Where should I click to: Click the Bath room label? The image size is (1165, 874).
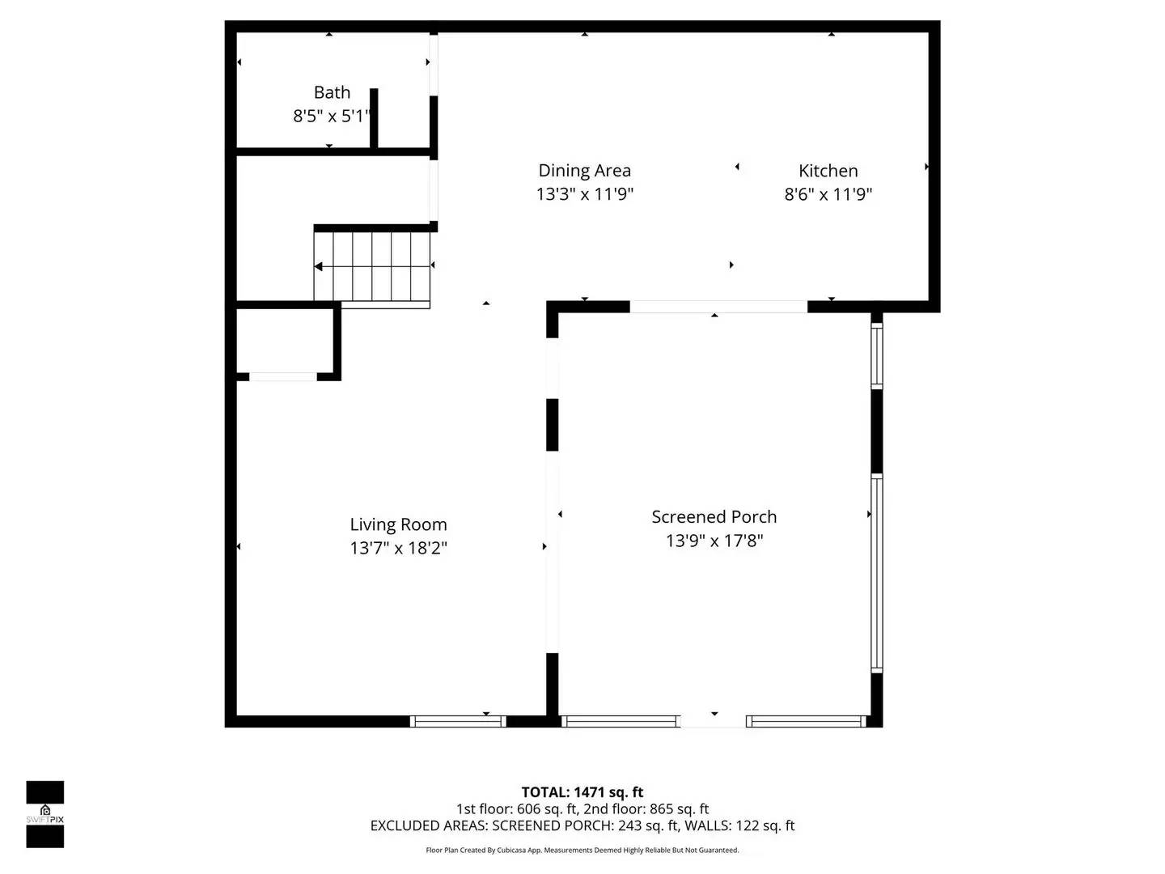pos(332,92)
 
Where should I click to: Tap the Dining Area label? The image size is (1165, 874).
pos(584,171)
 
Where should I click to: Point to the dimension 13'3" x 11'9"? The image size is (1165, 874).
pos(584,194)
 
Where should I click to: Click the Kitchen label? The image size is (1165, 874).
pos(828,171)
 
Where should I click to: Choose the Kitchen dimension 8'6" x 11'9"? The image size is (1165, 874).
pos(828,194)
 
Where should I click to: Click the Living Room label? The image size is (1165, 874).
pos(398,524)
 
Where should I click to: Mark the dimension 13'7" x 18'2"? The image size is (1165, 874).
pos(398,548)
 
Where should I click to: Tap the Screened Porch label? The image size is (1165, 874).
pos(714,517)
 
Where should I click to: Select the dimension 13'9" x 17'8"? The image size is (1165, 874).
pos(714,541)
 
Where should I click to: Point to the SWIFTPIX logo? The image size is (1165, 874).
pos(44,814)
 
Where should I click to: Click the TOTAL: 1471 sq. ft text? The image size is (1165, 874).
pos(582,792)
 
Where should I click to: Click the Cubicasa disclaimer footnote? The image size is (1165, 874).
pos(582,851)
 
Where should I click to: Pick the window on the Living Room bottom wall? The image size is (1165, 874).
pos(458,721)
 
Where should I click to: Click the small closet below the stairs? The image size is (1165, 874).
pos(283,340)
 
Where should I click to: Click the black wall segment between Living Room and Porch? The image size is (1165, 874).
pos(553,425)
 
